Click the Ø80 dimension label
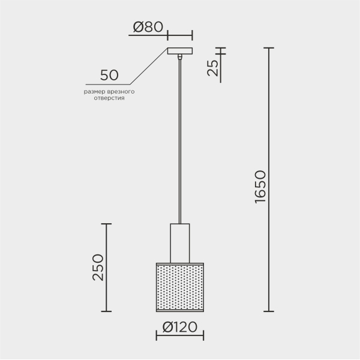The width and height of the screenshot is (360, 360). tap(148, 27)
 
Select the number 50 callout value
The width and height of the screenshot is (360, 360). tap(109, 75)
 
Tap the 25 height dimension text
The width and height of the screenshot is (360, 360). tap(213, 68)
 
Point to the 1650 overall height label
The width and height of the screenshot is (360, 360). tap(260, 187)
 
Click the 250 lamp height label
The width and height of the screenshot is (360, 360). tap(98, 268)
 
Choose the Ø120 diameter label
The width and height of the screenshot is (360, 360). tap(180, 327)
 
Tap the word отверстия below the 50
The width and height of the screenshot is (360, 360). tap(109, 98)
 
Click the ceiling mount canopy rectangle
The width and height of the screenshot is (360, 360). tap(180, 51)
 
